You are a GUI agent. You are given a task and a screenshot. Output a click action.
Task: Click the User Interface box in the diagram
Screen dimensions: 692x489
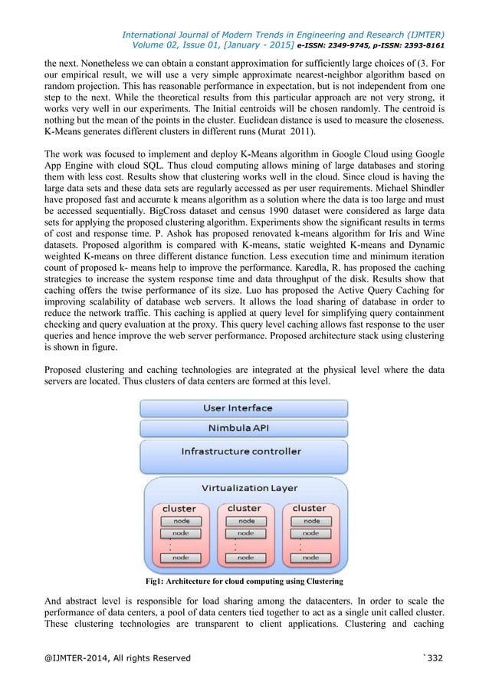[x=244, y=407]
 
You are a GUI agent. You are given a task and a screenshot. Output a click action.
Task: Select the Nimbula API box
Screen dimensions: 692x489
[x=244, y=428]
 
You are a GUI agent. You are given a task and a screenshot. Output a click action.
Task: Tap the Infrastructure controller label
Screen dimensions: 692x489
[x=241, y=451]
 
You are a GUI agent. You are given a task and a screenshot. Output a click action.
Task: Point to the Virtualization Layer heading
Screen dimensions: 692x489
[x=245, y=488]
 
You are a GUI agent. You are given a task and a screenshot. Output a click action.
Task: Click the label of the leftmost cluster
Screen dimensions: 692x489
[x=179, y=509]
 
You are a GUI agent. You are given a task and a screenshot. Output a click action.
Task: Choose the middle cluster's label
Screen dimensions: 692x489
[x=244, y=508]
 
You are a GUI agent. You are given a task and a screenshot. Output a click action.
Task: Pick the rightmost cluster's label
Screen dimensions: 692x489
[x=309, y=508]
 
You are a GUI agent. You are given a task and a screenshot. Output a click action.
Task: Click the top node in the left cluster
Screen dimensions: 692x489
[x=180, y=522]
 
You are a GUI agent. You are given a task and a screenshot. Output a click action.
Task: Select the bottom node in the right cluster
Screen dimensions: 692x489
[x=310, y=558]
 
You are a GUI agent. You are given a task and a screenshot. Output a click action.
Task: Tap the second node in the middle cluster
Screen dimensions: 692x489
[x=245, y=533]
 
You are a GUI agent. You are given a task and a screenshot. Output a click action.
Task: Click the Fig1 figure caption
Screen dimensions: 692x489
[x=244, y=581]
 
